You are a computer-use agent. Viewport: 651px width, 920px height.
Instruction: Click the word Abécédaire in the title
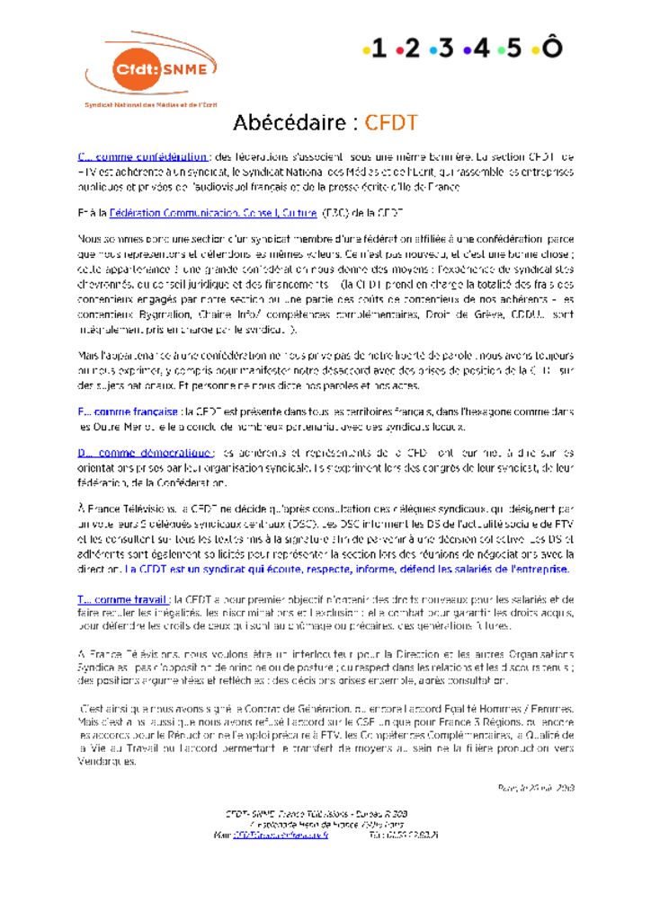pos(290,123)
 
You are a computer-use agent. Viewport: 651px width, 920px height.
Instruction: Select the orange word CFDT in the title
pos(390,123)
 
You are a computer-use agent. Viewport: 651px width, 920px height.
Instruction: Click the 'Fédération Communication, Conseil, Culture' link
pos(212,213)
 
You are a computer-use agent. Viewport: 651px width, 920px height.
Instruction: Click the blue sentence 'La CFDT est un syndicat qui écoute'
pos(346,569)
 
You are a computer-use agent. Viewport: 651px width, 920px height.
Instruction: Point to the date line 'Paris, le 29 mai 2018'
pos(535,788)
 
